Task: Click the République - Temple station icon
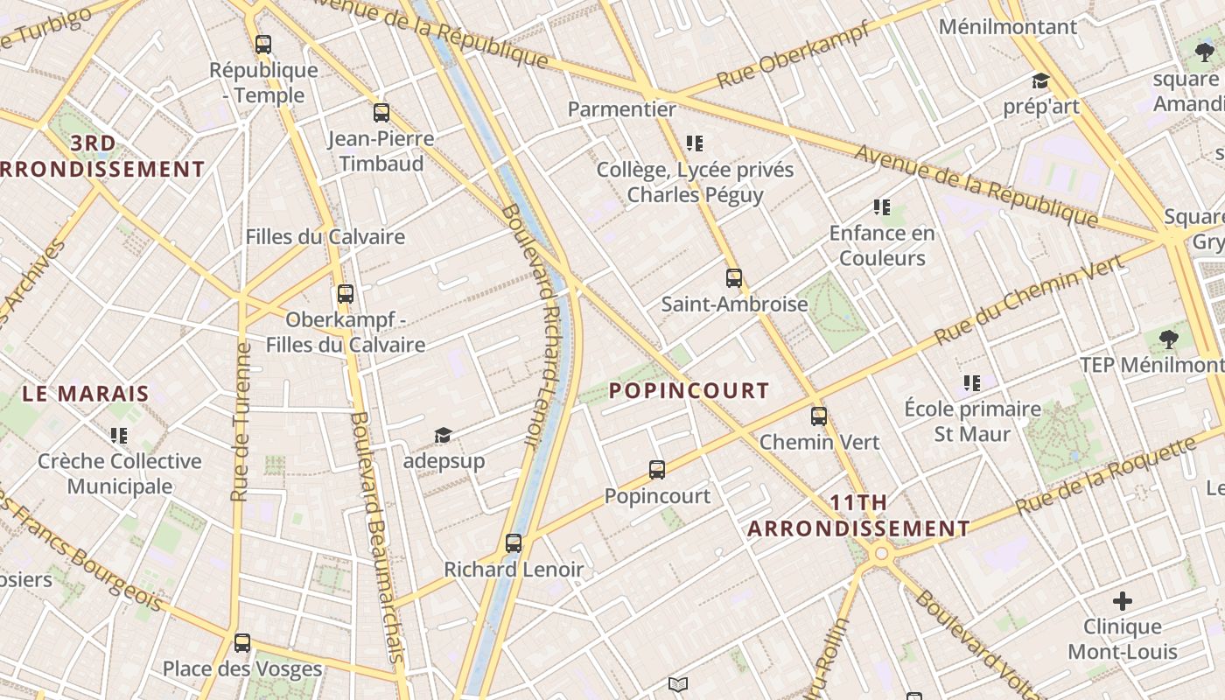[x=262, y=45]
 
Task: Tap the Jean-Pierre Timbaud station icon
[x=381, y=113]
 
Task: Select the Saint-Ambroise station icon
[x=734, y=279]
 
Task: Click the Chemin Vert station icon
[x=819, y=416]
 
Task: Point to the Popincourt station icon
[x=657, y=470]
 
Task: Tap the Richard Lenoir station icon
[x=514, y=543]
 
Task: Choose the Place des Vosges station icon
[x=242, y=643]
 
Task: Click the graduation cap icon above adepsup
[x=444, y=435]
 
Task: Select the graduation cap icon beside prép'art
[x=1040, y=81]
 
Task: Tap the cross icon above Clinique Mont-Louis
[x=1123, y=601]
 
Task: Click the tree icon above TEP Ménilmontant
[x=1168, y=339]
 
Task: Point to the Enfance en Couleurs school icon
[x=882, y=207]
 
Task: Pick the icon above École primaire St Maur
[x=972, y=383]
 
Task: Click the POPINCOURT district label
[x=689, y=391]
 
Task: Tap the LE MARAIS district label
[x=86, y=394]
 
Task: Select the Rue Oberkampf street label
[x=794, y=54]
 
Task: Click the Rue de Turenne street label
[x=241, y=423]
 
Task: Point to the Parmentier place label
[x=622, y=109]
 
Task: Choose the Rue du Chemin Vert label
[x=1028, y=299]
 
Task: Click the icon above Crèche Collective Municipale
[x=119, y=435]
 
